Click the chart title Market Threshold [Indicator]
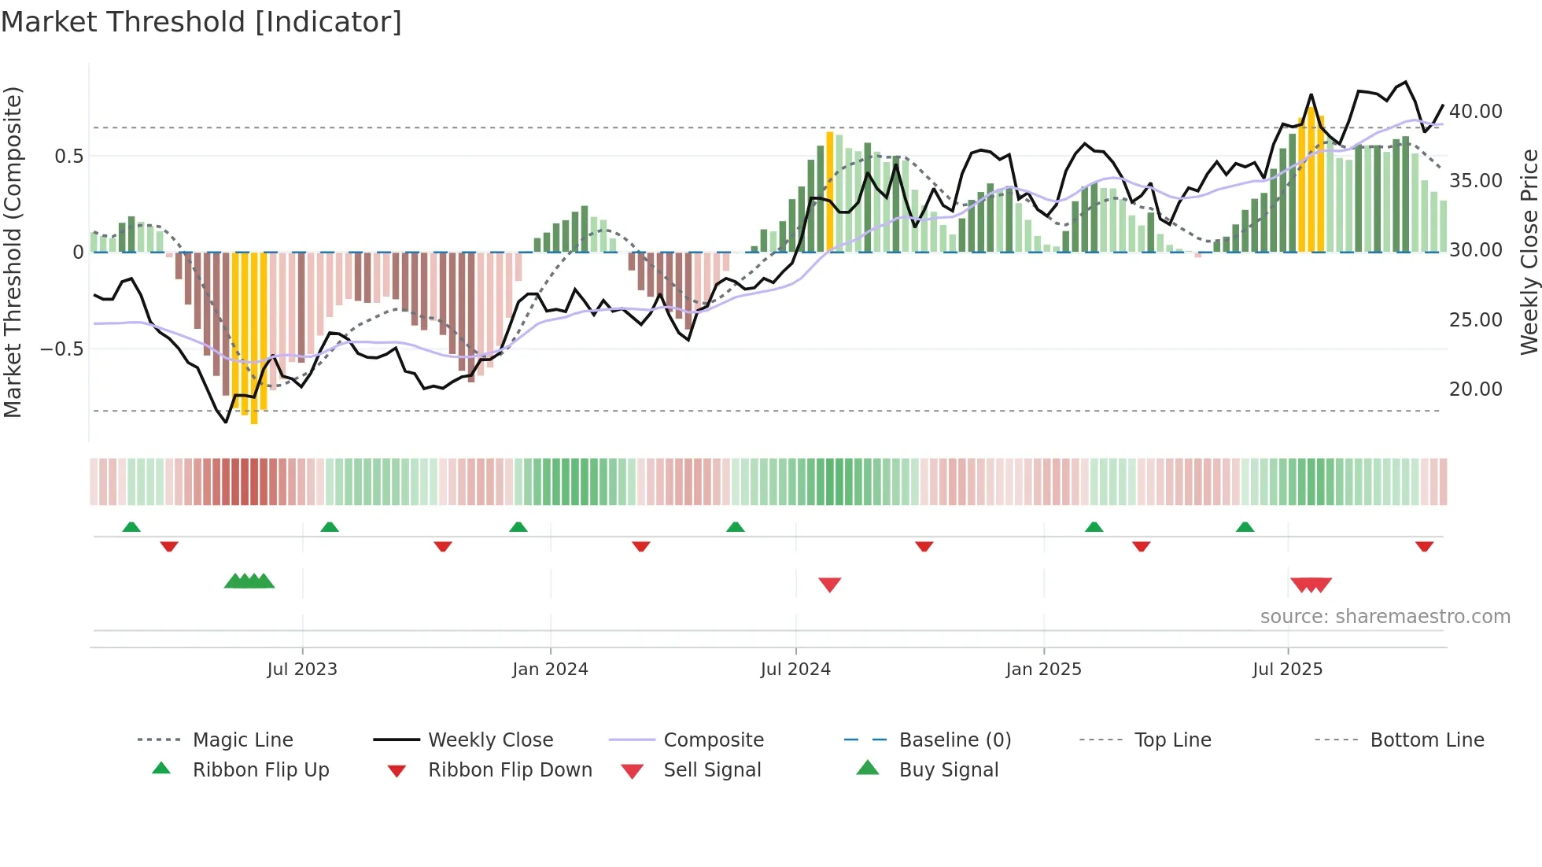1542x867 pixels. pyautogui.click(x=201, y=22)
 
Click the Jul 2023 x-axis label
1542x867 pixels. pyautogui.click(x=302, y=670)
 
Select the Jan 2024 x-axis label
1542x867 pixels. pyautogui.click(x=550, y=670)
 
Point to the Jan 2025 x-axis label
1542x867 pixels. pyautogui.click(x=1043, y=670)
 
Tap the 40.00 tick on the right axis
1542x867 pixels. pyautogui.click(x=1475, y=112)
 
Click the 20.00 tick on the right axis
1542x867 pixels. pyautogui.click(x=1475, y=389)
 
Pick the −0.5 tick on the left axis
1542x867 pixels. pyautogui.click(x=61, y=349)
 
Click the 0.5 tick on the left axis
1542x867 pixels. pyautogui.click(x=68, y=157)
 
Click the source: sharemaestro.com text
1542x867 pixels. pyautogui.click(x=1385, y=617)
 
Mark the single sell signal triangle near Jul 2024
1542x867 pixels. pyautogui.click(x=830, y=585)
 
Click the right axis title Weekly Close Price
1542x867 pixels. pyautogui.click(x=1529, y=252)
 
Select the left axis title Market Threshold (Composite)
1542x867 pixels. pyautogui.click(x=13, y=252)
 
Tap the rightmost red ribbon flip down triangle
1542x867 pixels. pyautogui.click(x=1424, y=546)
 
